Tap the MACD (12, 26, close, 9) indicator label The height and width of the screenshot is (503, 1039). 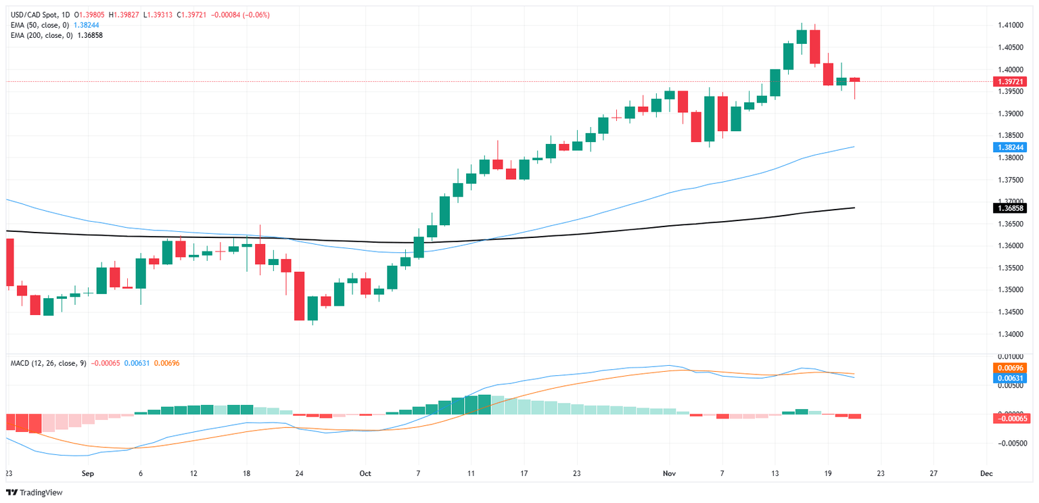pyautogui.click(x=48, y=363)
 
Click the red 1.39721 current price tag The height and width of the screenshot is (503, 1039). pyautogui.click(x=1010, y=81)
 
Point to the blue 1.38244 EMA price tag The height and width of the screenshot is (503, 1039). pyautogui.click(x=1010, y=147)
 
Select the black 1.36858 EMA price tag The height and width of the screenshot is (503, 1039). pyautogui.click(x=1010, y=208)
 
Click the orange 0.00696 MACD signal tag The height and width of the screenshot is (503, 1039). pyautogui.click(x=1010, y=367)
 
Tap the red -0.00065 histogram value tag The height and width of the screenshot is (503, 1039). pyautogui.click(x=1010, y=419)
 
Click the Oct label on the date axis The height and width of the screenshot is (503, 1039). pyautogui.click(x=366, y=474)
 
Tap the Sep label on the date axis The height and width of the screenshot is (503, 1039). pyautogui.click(x=88, y=474)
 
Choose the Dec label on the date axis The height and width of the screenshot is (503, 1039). pyautogui.click(x=986, y=474)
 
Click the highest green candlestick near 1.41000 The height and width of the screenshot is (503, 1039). pyautogui.click(x=802, y=37)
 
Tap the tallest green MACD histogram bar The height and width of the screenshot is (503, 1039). pyautogui.click(x=484, y=404)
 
